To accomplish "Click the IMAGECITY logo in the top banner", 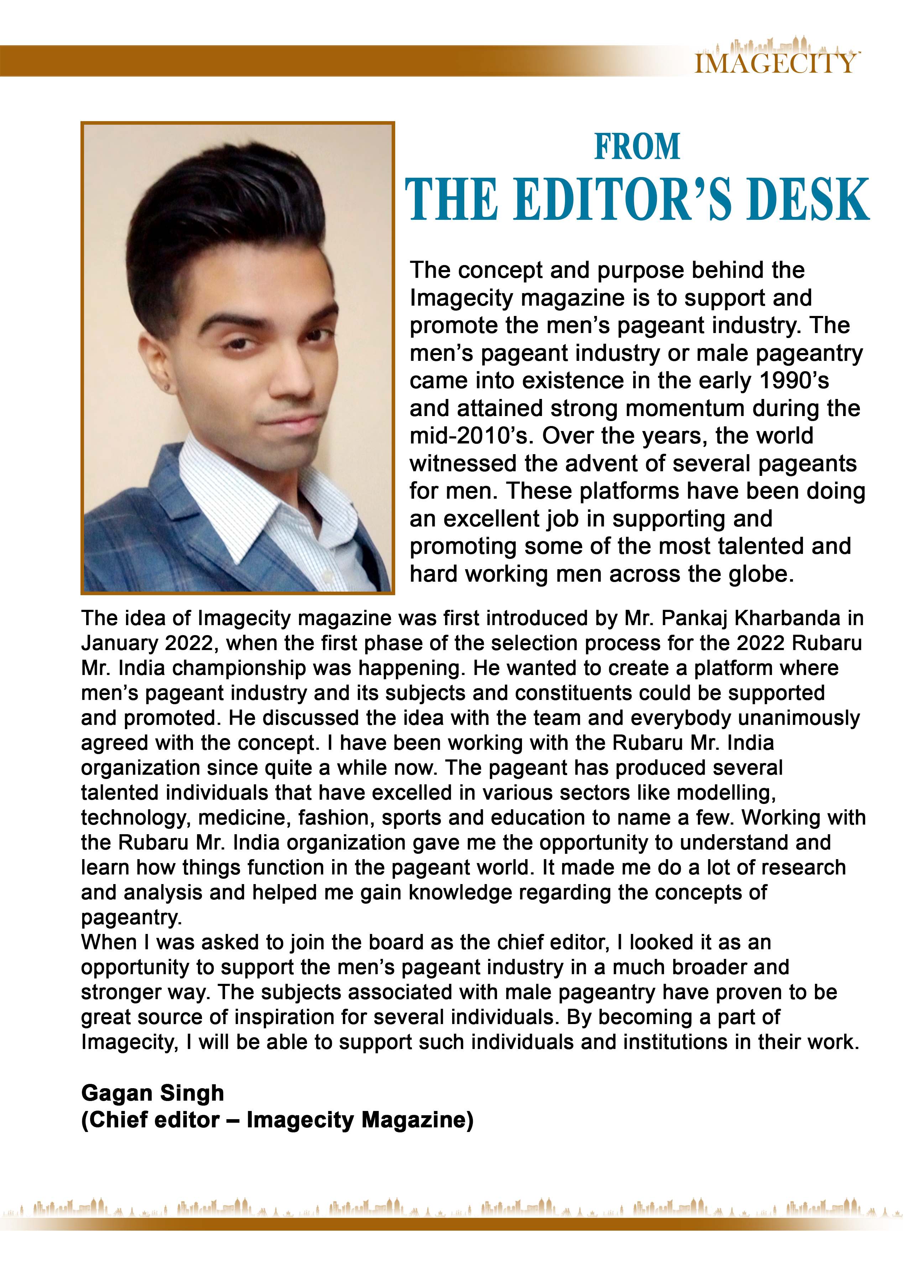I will pyautogui.click(x=777, y=61).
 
